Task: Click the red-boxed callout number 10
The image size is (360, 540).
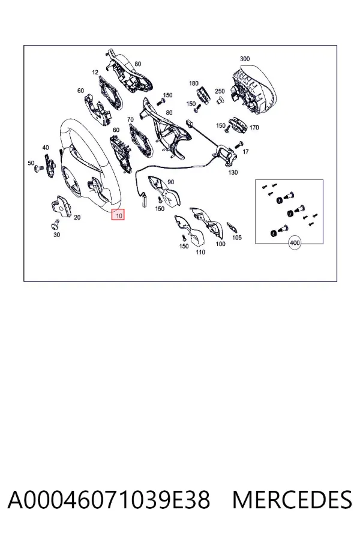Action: [x=118, y=215]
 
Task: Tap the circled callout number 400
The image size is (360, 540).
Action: [x=295, y=243]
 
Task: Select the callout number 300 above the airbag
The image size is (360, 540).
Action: [x=245, y=59]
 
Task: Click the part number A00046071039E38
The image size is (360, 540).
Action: [x=109, y=500]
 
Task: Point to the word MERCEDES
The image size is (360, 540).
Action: [x=292, y=500]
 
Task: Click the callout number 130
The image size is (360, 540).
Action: [x=233, y=172]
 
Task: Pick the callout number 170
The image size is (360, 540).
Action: [x=254, y=127]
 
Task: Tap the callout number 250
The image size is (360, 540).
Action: [x=220, y=91]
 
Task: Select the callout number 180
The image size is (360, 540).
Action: [x=194, y=83]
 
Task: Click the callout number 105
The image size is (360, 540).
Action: [x=237, y=238]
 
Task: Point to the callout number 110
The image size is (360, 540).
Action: [x=200, y=252]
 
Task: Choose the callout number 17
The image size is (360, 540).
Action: [x=245, y=152]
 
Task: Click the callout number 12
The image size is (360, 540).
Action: [x=95, y=73]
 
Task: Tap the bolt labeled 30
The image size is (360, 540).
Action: [x=55, y=225]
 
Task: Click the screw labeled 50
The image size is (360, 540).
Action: [x=38, y=169]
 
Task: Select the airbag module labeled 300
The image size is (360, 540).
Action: [x=254, y=89]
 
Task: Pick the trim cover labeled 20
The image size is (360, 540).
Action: [x=61, y=206]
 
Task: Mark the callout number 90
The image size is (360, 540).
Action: [x=171, y=182]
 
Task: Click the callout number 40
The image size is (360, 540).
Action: [x=46, y=148]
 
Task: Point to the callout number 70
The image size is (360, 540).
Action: [x=130, y=119]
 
